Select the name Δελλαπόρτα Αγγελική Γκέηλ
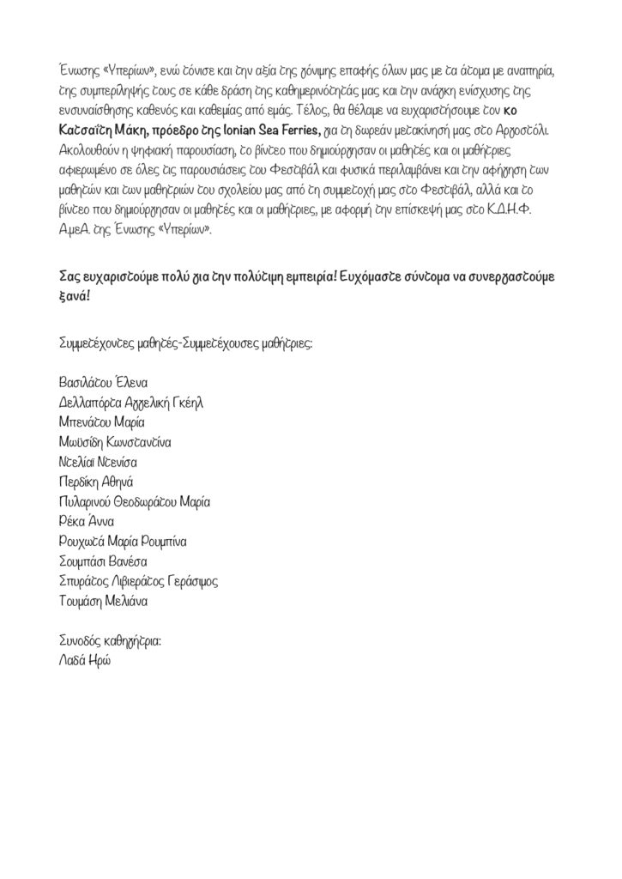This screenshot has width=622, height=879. [x=130, y=402]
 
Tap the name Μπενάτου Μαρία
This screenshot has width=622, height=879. [x=98, y=422]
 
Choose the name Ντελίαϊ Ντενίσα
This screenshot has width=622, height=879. [x=97, y=462]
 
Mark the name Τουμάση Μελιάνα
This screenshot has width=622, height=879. [x=99, y=602]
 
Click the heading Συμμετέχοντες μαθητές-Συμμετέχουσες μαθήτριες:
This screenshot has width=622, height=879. [x=183, y=343]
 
